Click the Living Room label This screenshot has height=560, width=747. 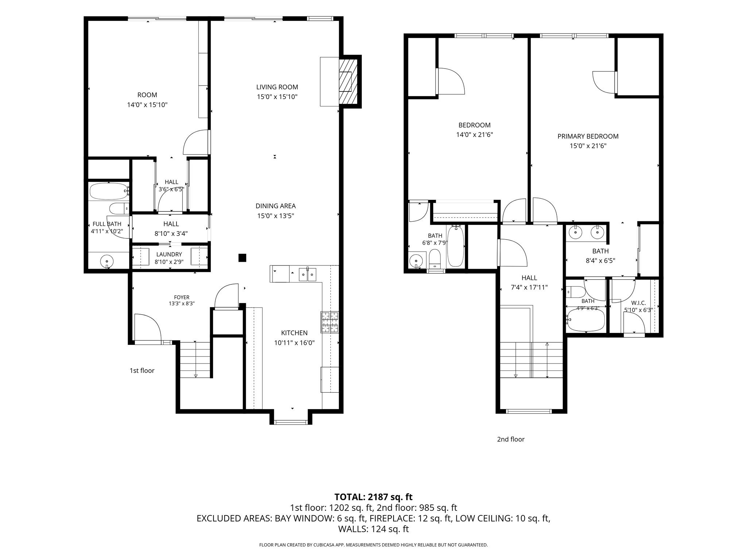tap(277, 87)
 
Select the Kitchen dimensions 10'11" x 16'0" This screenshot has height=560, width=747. tap(294, 343)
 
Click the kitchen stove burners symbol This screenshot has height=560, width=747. tap(330, 322)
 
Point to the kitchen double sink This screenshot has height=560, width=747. tap(308, 274)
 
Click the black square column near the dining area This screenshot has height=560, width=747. tap(242, 258)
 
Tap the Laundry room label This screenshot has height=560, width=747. tap(169, 254)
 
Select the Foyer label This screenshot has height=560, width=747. tap(182, 297)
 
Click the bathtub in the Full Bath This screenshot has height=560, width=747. tap(109, 191)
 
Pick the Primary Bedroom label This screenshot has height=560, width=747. tap(588, 136)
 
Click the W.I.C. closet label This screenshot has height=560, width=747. tap(638, 303)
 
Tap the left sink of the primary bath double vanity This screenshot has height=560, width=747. tap(576, 232)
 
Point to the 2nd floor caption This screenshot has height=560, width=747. tap(511, 439)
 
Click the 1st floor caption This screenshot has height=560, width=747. tap(142, 370)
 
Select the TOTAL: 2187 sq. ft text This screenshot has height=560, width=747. tap(373, 497)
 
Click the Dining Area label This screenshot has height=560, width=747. tap(275, 206)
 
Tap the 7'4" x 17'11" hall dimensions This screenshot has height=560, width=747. tap(529, 287)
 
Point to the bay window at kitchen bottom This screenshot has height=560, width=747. tap(291, 422)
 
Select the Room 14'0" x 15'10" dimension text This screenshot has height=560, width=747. tap(147, 105)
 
